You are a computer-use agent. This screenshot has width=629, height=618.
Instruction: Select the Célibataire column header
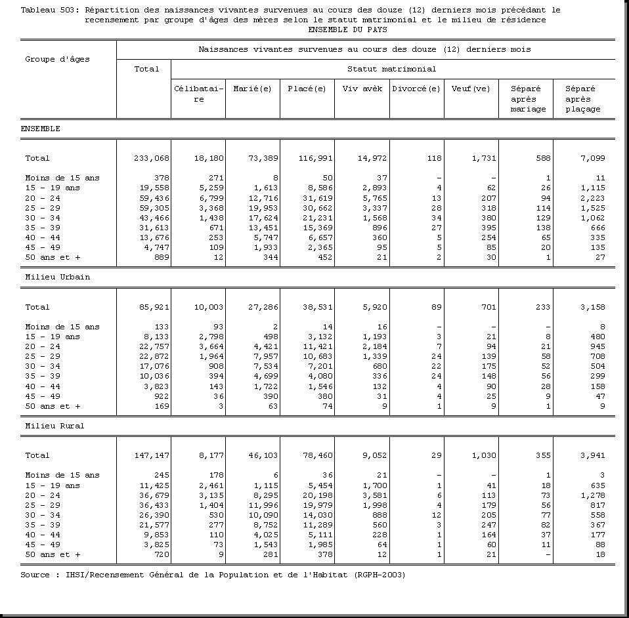coord(198,94)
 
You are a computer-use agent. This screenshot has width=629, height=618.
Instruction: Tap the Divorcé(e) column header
coord(416,89)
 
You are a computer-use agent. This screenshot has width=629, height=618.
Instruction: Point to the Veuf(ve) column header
coord(471,89)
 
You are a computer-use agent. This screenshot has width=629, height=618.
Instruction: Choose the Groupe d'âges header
coord(57,59)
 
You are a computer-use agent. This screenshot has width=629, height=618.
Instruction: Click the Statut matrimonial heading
coord(391,69)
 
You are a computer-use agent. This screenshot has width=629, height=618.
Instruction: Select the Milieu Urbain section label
coord(57,277)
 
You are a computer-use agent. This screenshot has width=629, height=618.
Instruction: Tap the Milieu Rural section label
coord(54,426)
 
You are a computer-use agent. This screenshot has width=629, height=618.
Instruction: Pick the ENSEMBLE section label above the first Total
coord(40,129)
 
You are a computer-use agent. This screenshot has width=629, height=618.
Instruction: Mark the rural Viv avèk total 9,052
coord(374,455)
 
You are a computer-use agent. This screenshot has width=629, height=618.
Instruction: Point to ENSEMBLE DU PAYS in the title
coord(347,30)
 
